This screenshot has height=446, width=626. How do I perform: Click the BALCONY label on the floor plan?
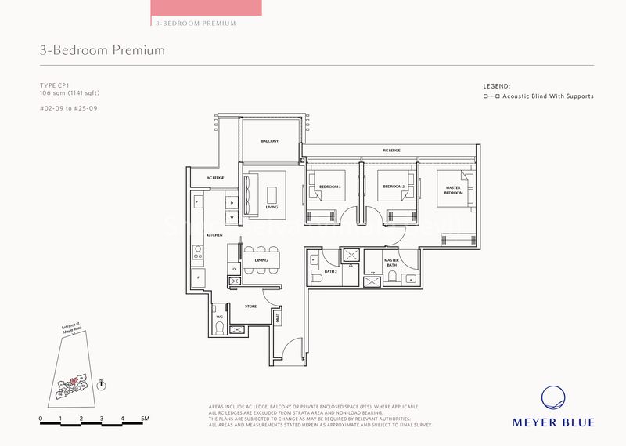[270, 141]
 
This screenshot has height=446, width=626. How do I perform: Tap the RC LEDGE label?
[391, 150]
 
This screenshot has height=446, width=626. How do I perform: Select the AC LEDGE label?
[215, 179]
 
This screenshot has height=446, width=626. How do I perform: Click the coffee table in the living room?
[272, 193]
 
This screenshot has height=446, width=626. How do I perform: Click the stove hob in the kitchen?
[198, 253]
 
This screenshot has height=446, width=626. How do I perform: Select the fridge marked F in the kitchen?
[198, 277]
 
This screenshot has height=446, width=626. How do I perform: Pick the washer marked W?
[232, 216]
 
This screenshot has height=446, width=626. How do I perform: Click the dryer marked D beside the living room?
[232, 203]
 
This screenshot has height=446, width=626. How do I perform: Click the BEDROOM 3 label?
[329, 187]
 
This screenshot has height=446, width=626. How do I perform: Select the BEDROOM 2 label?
[393, 187]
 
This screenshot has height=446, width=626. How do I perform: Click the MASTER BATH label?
[391, 262]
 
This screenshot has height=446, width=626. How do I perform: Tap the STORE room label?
[250, 306]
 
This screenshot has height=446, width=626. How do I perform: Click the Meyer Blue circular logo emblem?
[553, 398]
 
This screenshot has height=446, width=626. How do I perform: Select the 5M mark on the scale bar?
[146, 419]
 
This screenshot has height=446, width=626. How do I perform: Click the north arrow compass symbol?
[101, 384]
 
